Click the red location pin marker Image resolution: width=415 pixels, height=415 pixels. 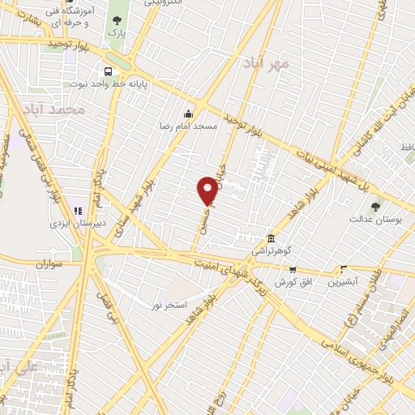point(208,190)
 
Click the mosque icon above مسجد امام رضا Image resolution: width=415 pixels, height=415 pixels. point(189,113)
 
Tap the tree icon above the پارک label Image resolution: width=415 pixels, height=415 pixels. point(118,20)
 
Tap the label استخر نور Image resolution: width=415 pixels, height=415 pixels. point(170,305)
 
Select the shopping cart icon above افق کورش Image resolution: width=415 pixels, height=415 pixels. point(293,269)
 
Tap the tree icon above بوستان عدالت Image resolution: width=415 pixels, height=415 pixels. point(374,207)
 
